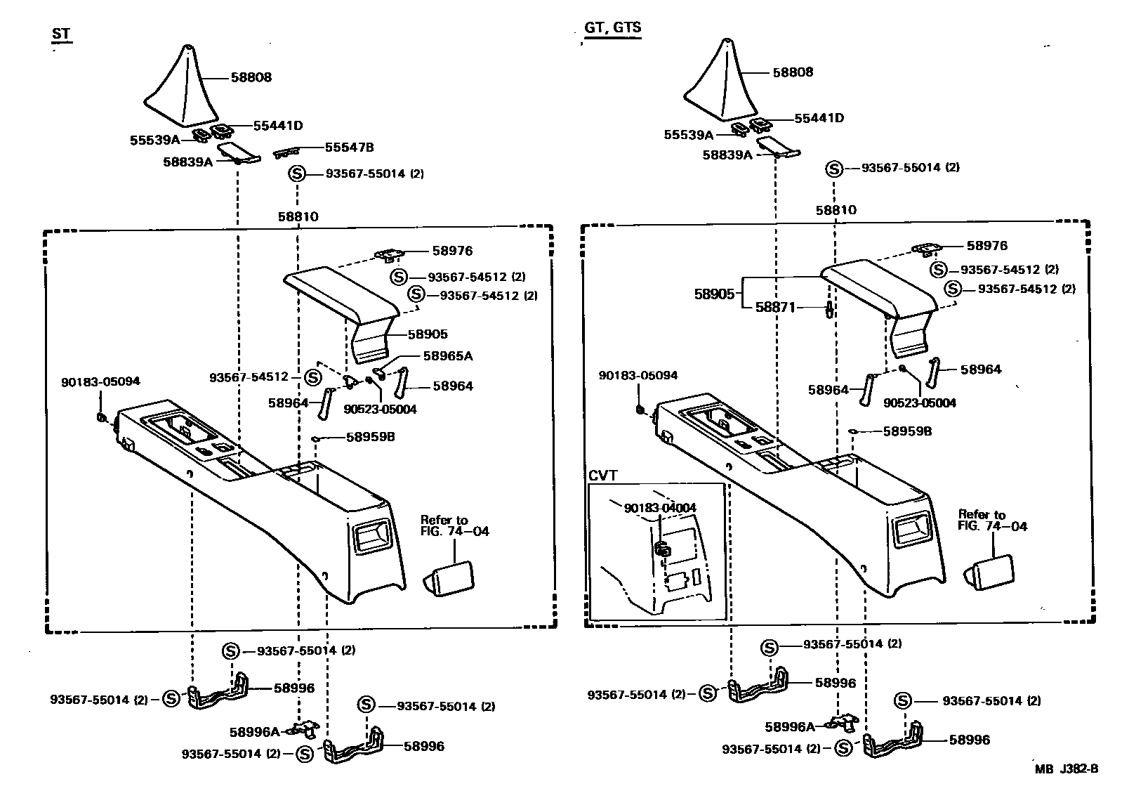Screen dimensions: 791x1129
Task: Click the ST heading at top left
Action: tap(61, 34)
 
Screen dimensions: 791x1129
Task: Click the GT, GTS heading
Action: tap(612, 28)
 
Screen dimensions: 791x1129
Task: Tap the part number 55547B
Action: tap(349, 148)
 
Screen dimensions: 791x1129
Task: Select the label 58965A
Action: tap(447, 356)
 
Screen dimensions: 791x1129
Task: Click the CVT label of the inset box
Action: tap(603, 476)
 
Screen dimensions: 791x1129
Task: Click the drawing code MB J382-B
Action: tap(1066, 769)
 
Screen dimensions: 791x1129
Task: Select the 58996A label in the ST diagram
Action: tap(254, 731)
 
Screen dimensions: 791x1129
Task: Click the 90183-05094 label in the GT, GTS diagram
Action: tap(638, 376)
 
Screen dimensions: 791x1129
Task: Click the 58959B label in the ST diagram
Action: tap(370, 437)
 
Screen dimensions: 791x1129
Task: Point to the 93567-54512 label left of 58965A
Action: tap(249, 377)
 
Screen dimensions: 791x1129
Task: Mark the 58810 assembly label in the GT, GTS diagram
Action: tap(836, 210)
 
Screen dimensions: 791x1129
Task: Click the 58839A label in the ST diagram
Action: tap(187, 162)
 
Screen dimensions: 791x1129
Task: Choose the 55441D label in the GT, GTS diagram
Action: tap(819, 118)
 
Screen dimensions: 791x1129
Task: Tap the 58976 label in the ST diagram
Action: tap(452, 251)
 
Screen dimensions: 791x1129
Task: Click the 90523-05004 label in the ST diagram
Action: tap(380, 409)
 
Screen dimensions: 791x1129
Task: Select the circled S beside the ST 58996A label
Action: tap(304, 754)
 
